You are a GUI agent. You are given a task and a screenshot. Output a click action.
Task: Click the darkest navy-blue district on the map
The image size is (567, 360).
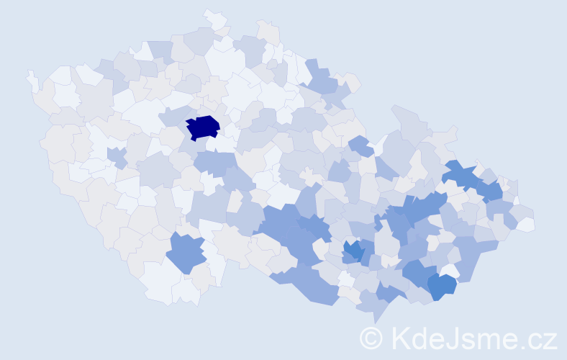pyautogui.click(x=203, y=127)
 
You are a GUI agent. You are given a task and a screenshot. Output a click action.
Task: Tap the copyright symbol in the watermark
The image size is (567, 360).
pyautogui.click(x=372, y=338)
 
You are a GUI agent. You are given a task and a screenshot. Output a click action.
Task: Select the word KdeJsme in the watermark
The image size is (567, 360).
pyautogui.click(x=450, y=338)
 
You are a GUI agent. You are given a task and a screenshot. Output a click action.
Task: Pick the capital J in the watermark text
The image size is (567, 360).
pyautogui.click(x=452, y=337)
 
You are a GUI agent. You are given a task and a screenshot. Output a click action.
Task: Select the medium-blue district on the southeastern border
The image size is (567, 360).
pyautogui.click(x=441, y=285)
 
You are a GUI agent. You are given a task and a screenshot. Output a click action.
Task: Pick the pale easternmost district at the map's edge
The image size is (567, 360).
pyautogui.click(x=525, y=225)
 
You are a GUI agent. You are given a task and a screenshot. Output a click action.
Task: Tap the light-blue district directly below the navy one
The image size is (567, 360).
pyautogui.click(x=214, y=163)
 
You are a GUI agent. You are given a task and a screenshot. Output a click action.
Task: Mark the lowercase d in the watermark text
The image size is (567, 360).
pyautogui.click(x=419, y=337)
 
